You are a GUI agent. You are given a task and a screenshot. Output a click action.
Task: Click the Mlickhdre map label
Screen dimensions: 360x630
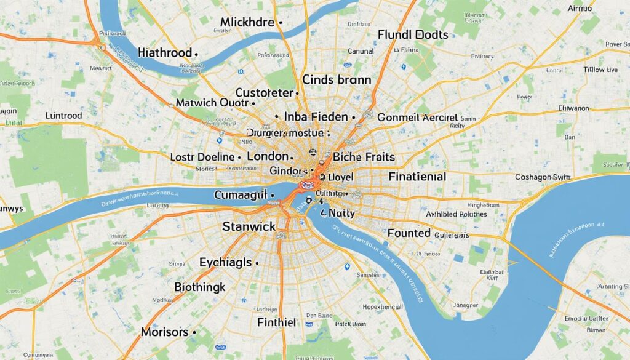[x=247, y=23]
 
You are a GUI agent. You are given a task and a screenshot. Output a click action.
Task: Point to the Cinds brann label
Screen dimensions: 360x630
[x=337, y=79]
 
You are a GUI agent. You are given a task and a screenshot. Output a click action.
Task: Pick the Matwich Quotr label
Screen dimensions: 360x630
[x=212, y=103]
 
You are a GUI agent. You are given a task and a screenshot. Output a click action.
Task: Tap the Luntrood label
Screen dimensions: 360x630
[x=72, y=115]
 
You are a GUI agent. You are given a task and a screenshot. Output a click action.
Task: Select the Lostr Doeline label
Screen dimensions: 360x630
[x=202, y=157]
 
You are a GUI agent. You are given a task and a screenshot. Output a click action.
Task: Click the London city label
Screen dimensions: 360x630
[x=267, y=156]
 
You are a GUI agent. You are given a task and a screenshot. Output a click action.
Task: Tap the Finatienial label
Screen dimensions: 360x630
[x=417, y=177]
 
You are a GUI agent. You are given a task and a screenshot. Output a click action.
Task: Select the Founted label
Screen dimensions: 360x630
[x=409, y=233]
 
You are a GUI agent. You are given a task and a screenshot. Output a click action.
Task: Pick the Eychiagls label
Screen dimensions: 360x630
[x=225, y=262]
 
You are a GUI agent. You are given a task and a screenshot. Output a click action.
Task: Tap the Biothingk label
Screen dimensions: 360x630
[x=200, y=287]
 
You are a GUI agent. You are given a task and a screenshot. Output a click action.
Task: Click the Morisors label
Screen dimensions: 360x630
[x=165, y=332]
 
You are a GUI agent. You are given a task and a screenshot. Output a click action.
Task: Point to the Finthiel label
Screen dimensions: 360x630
[x=277, y=321]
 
